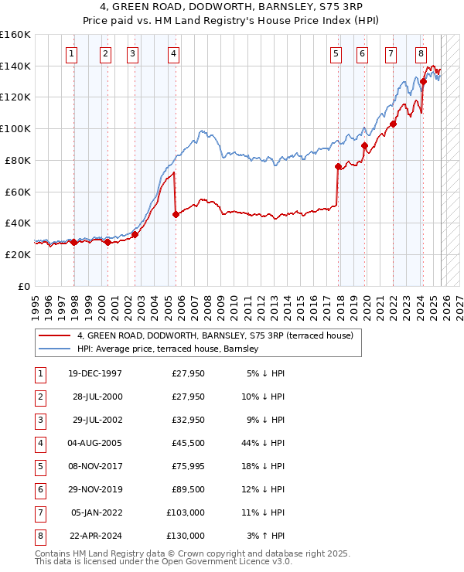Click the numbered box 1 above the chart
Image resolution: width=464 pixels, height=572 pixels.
pyautogui.click(x=71, y=53)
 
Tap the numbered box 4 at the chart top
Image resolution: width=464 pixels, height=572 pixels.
pyautogui.click(x=173, y=53)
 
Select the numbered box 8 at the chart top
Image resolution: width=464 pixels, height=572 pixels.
pyautogui.click(x=421, y=53)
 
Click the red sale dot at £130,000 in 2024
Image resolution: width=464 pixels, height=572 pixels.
pyautogui.click(x=424, y=81)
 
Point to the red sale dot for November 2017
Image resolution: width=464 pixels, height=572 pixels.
pyautogui.click(x=338, y=166)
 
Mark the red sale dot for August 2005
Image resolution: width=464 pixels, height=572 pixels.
pyautogui.click(x=176, y=214)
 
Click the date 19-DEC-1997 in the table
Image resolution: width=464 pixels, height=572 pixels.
pyautogui.click(x=95, y=373)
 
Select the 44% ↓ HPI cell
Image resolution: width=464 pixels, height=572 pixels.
pyautogui.click(x=266, y=443)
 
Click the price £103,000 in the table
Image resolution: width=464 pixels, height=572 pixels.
pyautogui.click(x=186, y=512)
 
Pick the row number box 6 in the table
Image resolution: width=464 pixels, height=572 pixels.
pyautogui.click(x=39, y=489)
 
